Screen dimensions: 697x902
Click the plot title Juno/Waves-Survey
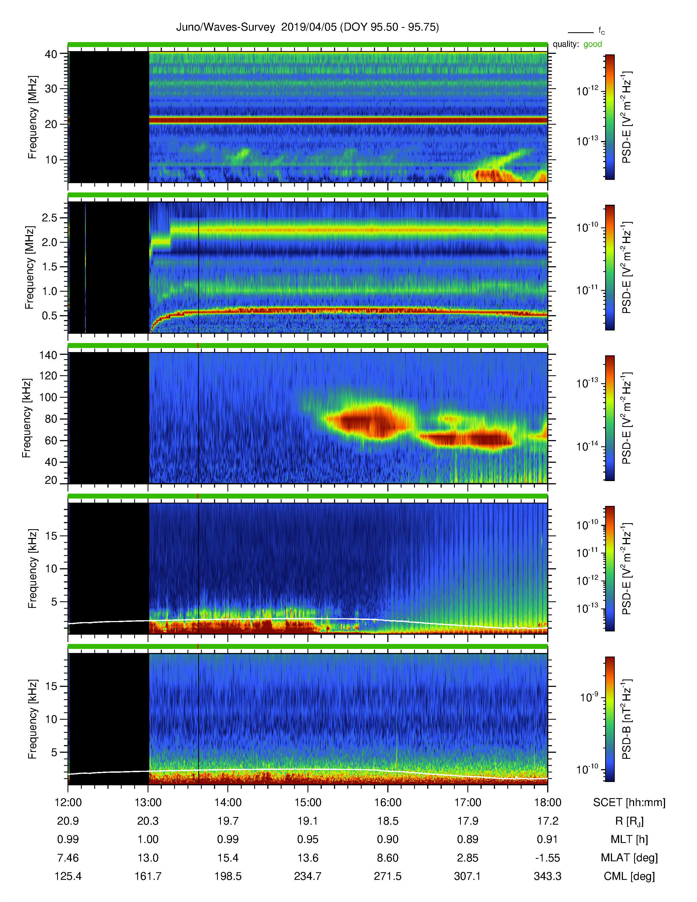(225, 27)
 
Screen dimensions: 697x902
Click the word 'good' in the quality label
(593, 44)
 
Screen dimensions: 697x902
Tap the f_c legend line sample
(581, 32)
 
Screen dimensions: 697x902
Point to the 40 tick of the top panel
(51, 54)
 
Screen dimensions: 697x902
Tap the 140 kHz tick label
(48, 355)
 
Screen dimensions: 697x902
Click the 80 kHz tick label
(51, 419)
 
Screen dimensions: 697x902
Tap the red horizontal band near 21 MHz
(348, 120)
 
